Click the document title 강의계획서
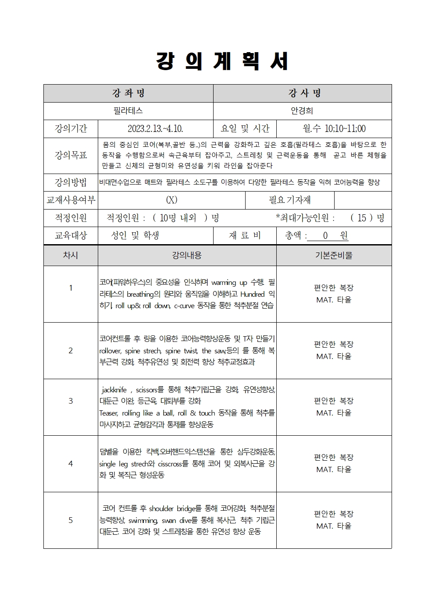click(222, 61)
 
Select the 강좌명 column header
click(128, 93)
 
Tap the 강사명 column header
click(302, 93)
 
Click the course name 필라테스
click(128, 111)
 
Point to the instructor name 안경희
click(302, 111)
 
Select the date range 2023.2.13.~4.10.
click(155, 129)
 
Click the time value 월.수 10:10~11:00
click(334, 129)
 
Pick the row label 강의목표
click(71, 155)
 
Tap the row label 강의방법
click(71, 182)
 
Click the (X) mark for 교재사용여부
click(171, 200)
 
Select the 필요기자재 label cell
click(289, 200)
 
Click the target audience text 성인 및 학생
click(135, 235)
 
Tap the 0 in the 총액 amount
click(325, 236)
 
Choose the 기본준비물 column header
click(334, 255)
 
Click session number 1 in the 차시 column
click(71, 288)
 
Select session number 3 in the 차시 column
click(71, 401)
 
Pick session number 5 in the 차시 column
click(71, 520)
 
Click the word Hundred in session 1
click(252, 294)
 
